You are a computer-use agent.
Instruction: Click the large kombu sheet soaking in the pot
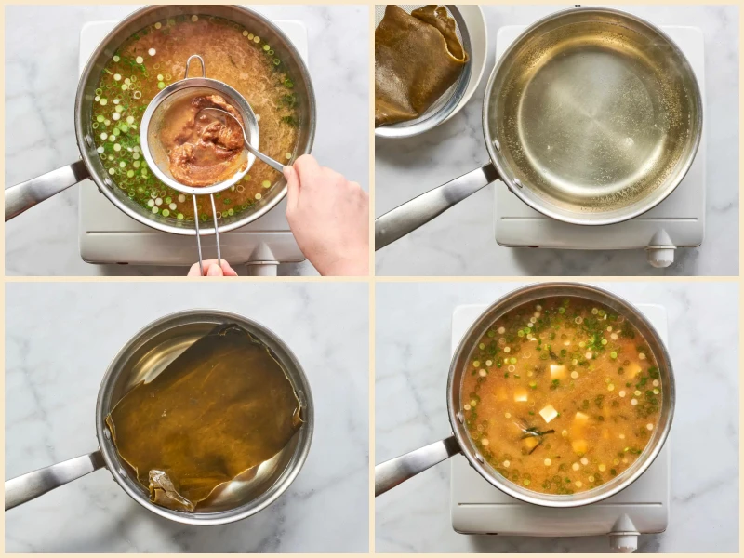209,409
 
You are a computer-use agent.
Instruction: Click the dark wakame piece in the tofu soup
538,432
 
